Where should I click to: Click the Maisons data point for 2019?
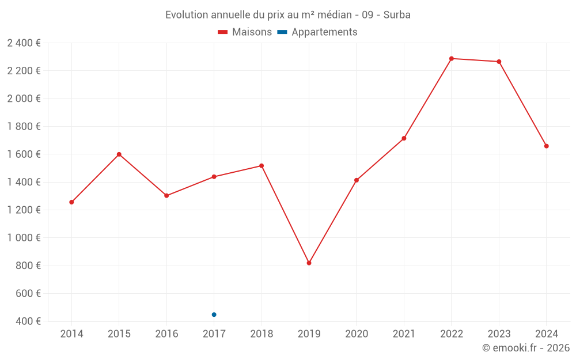pos(309,263)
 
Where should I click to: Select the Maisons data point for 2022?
pos(452,59)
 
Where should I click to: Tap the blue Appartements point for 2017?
pos(214,314)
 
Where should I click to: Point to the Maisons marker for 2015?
pos(119,154)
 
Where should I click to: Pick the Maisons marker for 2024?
pos(546,146)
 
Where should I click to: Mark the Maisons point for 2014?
pos(71,202)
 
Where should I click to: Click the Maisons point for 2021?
pos(404,138)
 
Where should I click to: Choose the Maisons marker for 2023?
pos(499,62)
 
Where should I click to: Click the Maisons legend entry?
pos(245,32)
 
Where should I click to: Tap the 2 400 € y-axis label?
pos(24,43)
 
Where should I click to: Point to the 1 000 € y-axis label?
pos(24,238)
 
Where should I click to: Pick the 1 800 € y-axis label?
pos(24,127)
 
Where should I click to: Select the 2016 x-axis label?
pos(166,334)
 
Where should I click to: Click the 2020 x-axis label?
pos(356,334)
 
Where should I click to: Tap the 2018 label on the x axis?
pos(262,334)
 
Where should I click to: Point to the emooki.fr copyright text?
pos(526,348)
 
